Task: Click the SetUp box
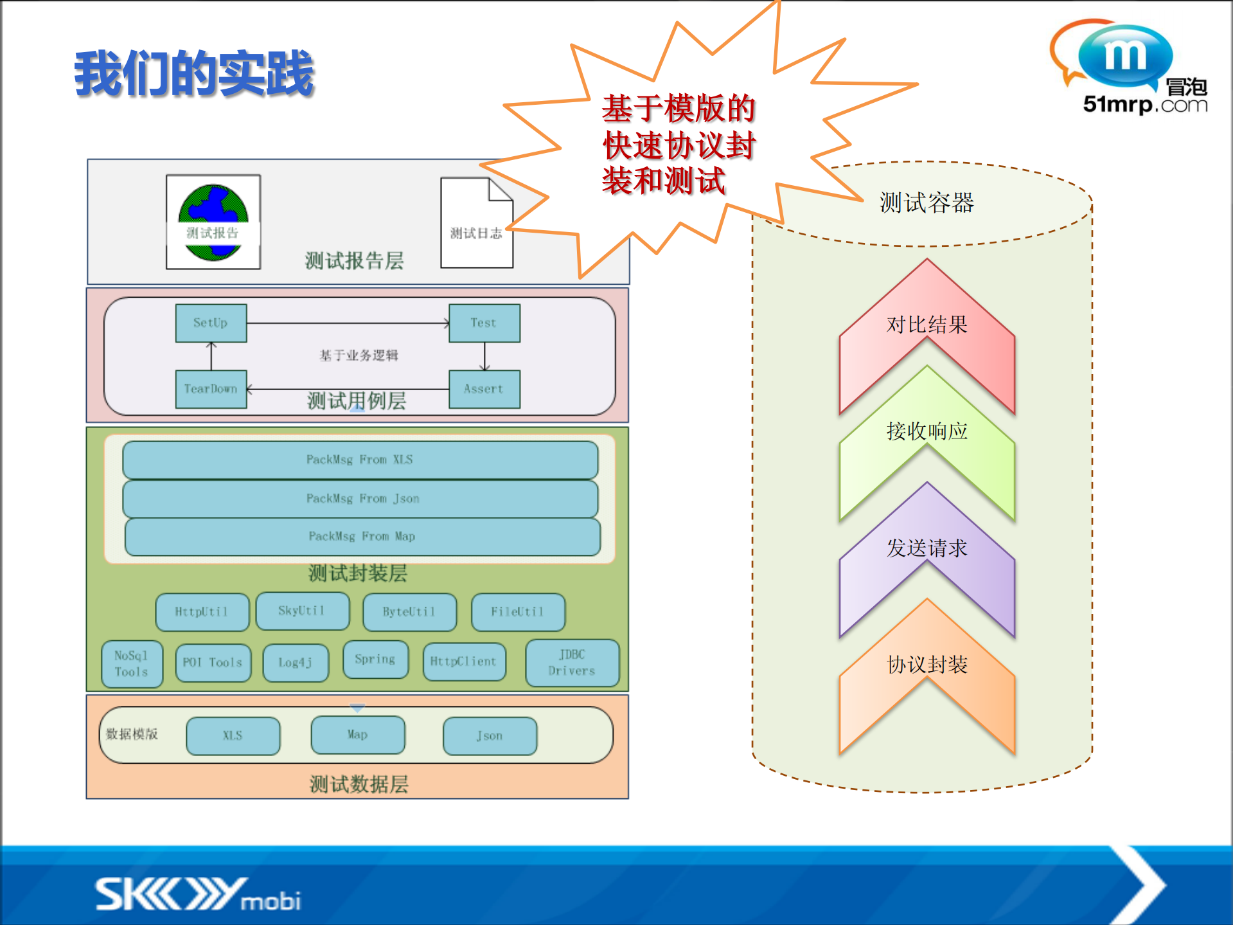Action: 211,323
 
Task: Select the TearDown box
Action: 211,389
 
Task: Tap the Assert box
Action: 484,389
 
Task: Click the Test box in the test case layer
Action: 484,323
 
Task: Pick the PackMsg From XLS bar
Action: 360,460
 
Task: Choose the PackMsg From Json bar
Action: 360,499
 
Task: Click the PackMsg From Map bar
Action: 362,537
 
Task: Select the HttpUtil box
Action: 202,612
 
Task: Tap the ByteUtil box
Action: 409,612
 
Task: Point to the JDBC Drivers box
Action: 572,663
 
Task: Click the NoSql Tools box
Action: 132,664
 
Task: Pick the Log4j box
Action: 296,663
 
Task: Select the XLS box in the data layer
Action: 233,735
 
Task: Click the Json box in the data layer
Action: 490,736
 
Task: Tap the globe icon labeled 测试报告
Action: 213,222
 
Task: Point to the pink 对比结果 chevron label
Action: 927,325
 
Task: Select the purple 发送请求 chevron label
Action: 927,548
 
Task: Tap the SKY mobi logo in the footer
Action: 198,894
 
